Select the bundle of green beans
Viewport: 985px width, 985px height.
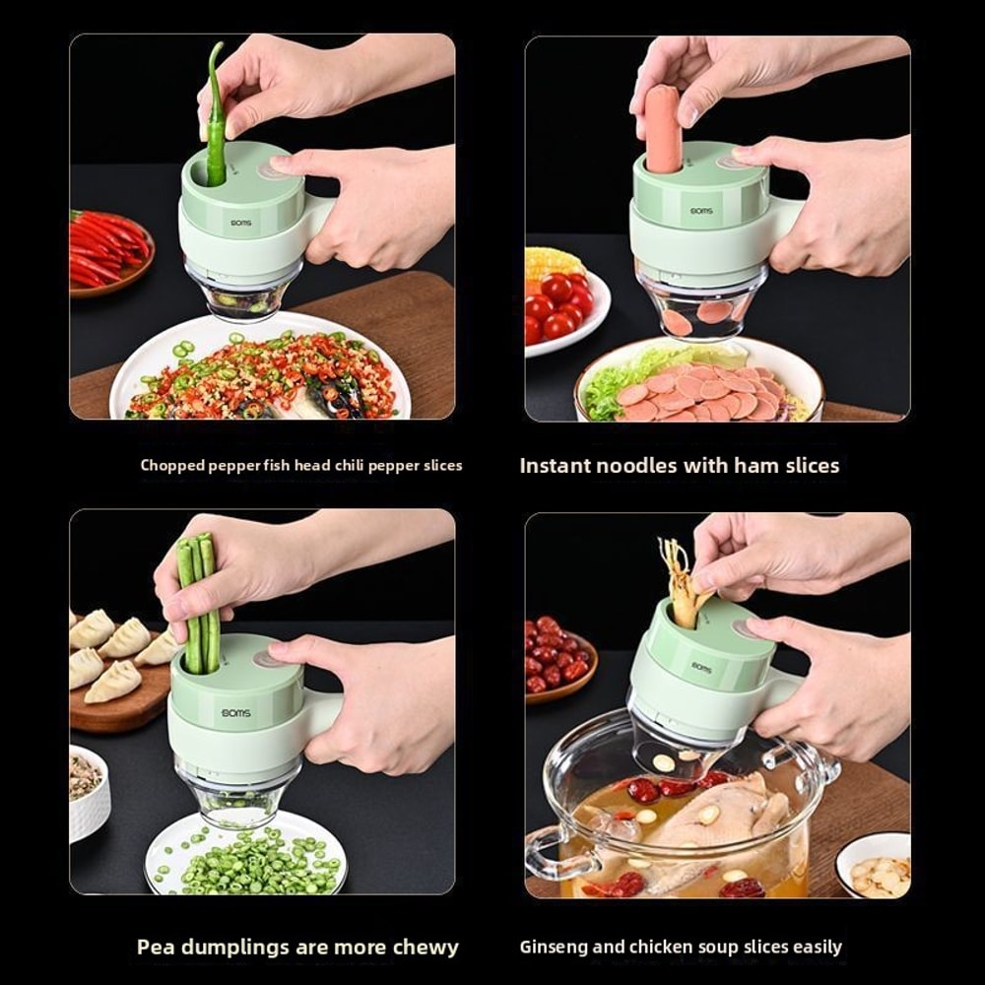tap(195, 601)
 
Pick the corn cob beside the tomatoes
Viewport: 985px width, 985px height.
tap(555, 263)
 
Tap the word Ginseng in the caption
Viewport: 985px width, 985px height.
tap(557, 948)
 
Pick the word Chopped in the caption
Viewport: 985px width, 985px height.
tap(172, 465)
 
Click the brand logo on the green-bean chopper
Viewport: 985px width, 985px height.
tap(235, 712)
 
